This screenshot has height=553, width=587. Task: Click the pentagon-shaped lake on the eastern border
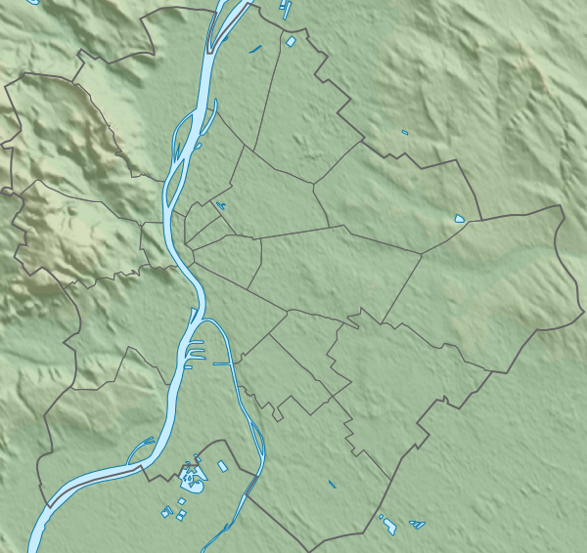[460, 219]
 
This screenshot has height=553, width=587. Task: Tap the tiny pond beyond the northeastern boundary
[405, 132]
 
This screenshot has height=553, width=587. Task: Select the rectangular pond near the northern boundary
[291, 42]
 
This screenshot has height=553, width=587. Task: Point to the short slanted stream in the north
[255, 49]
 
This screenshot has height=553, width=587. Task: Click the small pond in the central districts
[221, 206]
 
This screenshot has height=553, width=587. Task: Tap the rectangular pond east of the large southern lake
[222, 466]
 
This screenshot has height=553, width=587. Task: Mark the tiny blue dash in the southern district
[333, 484]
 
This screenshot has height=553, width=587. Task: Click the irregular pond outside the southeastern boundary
[388, 526]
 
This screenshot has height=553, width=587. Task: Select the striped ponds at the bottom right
[418, 525]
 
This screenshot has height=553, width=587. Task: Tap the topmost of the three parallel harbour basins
[197, 342]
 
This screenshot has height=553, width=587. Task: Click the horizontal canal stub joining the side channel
[223, 363]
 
